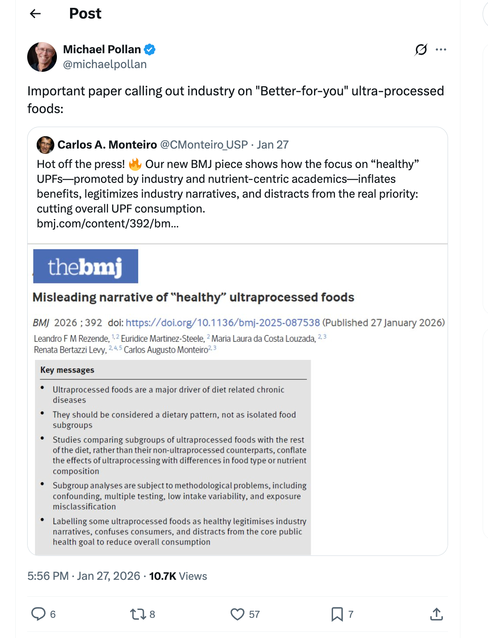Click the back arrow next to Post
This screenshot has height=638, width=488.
(x=35, y=14)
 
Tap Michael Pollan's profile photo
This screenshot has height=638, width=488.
(x=42, y=57)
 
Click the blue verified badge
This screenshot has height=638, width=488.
(x=150, y=50)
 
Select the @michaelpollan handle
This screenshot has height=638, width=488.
(x=105, y=64)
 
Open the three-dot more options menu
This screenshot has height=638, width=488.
(x=441, y=50)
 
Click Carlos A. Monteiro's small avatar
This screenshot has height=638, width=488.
(x=45, y=145)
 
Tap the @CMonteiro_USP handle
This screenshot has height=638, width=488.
(x=204, y=145)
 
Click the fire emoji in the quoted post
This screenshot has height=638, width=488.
(x=135, y=164)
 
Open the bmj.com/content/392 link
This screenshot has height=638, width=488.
(x=108, y=224)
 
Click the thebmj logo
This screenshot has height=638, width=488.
(x=85, y=266)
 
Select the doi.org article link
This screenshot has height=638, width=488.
(x=223, y=323)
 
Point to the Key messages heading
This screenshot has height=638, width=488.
(x=67, y=370)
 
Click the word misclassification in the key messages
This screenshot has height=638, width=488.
(x=84, y=506)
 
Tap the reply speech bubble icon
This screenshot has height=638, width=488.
(x=38, y=614)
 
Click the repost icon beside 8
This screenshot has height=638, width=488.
(x=138, y=614)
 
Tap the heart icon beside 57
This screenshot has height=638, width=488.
(x=237, y=614)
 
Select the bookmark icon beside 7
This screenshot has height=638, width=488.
(x=337, y=614)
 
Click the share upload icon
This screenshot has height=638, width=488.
(x=436, y=614)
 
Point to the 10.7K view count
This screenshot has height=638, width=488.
(x=162, y=576)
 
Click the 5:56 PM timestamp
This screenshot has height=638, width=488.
(x=48, y=576)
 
